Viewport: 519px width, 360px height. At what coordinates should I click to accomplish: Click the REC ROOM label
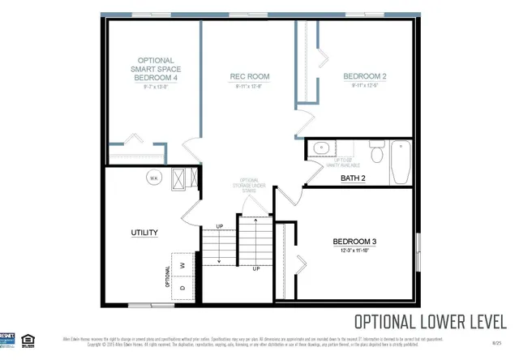[251, 77]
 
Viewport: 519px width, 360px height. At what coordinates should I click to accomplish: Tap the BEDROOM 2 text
[364, 77]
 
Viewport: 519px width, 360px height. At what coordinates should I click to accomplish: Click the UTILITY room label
[144, 233]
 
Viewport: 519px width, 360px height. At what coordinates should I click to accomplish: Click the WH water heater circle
[152, 177]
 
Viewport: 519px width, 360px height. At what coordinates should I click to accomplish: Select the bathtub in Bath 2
[401, 162]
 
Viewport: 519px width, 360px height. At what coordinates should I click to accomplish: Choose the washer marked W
[182, 265]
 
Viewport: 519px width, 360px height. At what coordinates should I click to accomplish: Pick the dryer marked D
[182, 287]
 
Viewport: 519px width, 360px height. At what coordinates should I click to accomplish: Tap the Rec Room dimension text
[251, 86]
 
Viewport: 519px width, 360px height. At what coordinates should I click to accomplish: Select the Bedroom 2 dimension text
[364, 86]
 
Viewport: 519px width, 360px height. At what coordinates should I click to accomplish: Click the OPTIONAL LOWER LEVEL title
[431, 319]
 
